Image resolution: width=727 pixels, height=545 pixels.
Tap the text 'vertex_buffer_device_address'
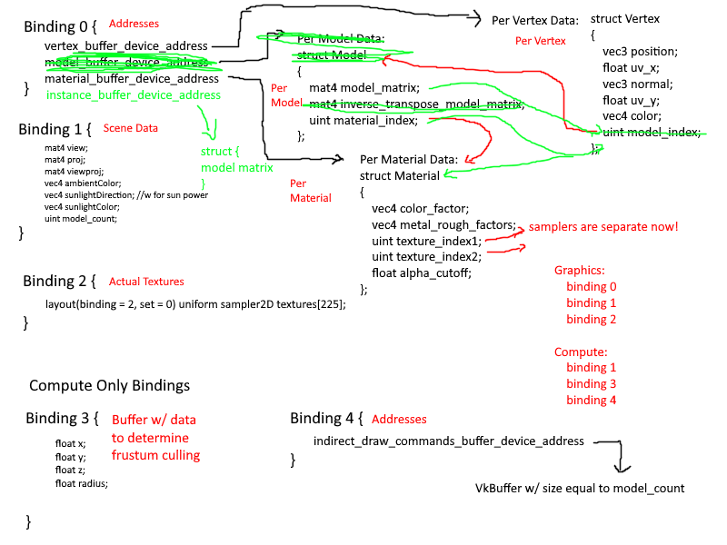(x=126, y=45)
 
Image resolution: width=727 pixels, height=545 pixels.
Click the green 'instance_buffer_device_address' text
(x=133, y=94)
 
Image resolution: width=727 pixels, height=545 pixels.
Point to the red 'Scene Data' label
(x=130, y=128)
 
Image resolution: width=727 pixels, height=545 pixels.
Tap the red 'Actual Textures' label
(x=145, y=282)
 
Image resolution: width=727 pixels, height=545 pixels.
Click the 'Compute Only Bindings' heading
(x=109, y=386)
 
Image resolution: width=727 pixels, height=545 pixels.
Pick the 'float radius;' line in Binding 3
(x=81, y=483)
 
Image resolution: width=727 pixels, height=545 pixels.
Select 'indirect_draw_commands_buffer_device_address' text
(x=448, y=441)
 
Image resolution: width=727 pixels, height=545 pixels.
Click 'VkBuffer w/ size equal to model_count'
(x=580, y=489)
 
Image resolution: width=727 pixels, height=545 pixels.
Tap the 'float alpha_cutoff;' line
(x=423, y=272)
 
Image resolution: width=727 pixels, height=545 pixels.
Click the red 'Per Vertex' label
(x=540, y=41)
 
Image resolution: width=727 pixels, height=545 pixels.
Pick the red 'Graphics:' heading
(x=580, y=271)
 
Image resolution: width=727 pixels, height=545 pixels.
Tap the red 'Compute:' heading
(x=581, y=352)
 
